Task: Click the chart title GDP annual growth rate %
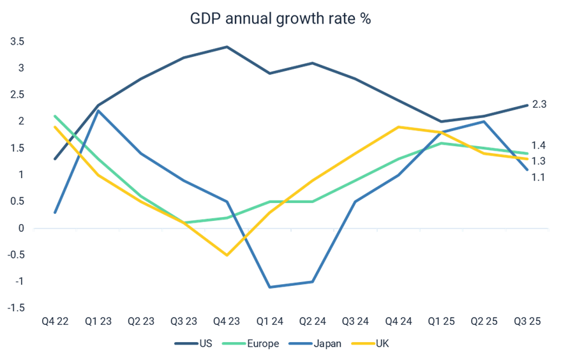(280, 19)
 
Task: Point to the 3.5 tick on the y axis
(17, 41)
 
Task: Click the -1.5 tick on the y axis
(16, 308)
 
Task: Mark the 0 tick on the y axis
(21, 228)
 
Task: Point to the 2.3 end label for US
(539, 104)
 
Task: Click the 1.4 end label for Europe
(539, 146)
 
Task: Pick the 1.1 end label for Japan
(539, 177)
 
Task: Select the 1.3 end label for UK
(539, 161)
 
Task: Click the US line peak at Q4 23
(227, 47)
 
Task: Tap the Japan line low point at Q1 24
(270, 287)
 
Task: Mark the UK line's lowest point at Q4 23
(227, 255)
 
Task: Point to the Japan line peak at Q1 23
(98, 110)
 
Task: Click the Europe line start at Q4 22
(55, 116)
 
